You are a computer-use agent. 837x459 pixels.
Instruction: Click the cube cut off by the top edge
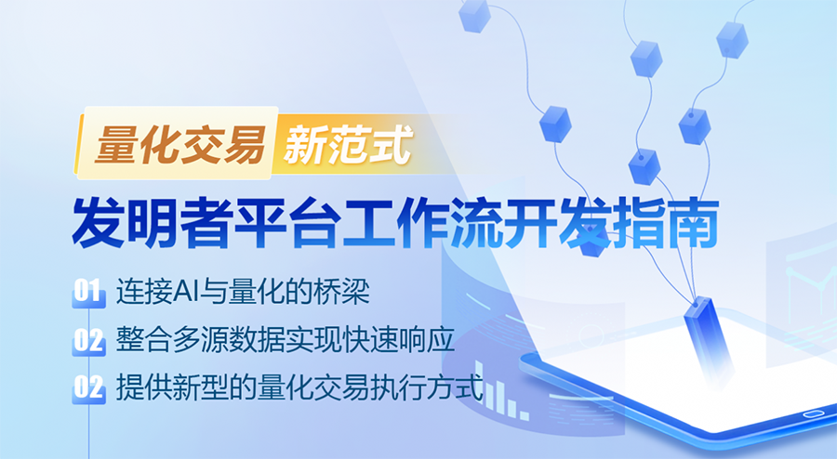[473, 13]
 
